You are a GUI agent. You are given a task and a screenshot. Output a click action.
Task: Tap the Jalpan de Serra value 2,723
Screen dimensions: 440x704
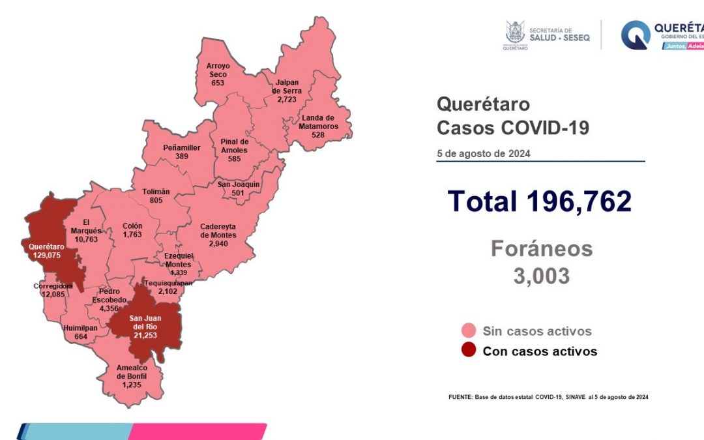287,99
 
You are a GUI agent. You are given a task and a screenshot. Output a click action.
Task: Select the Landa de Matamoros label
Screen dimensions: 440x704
319,122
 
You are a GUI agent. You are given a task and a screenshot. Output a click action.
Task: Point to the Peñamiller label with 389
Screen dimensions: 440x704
181,152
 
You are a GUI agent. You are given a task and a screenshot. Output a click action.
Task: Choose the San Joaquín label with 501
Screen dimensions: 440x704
239,188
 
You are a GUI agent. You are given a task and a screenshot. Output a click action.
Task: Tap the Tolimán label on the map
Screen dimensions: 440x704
156,196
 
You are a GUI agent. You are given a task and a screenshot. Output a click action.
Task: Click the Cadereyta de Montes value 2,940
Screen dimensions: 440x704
218,243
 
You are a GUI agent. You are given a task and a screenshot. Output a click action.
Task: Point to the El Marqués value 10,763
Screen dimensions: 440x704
86,239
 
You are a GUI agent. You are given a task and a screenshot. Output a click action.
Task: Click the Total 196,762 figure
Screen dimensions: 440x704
540,201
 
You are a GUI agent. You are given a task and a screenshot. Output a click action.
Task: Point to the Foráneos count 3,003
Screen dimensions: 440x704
541,276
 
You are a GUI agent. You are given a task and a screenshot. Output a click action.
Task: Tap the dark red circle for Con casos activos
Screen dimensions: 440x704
467,351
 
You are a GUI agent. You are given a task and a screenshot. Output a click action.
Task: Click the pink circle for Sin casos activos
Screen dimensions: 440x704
467,330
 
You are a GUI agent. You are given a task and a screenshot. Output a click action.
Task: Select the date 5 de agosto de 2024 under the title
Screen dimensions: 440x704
483,154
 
